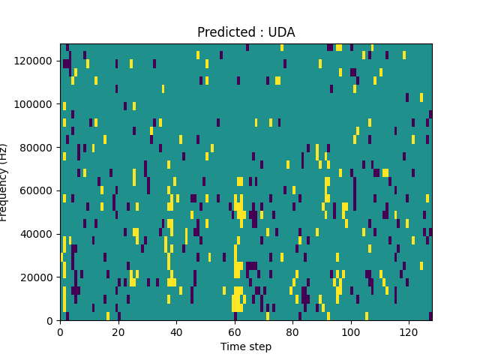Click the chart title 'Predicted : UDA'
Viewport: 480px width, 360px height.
pos(246,32)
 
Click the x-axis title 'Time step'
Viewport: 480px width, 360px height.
pos(246,346)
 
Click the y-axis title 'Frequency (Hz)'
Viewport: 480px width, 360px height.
pos(4,182)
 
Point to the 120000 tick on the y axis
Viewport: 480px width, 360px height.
pos(37,61)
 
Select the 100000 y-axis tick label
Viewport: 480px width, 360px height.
pos(37,104)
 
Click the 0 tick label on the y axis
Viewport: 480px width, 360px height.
pos(52,321)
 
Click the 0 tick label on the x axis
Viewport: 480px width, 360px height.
pos(61,331)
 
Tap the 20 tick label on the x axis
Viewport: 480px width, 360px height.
pos(118,331)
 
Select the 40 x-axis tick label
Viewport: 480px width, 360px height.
pos(176,331)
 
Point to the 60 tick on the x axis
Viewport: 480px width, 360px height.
pos(235,331)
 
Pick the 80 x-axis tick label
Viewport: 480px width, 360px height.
pos(292,331)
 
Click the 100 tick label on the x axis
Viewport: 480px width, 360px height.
pos(350,331)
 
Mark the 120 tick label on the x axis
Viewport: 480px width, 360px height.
pos(409,331)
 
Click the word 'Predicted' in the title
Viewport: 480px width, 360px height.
pos(224,32)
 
